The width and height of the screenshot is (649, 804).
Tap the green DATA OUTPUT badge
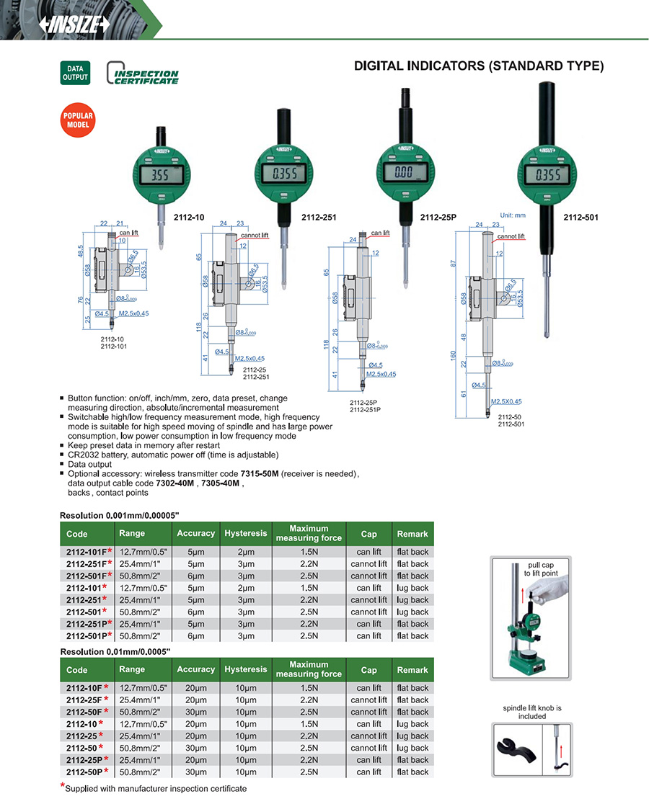pyautogui.click(x=75, y=73)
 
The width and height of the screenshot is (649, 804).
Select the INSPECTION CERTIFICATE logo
pyautogui.click(x=143, y=76)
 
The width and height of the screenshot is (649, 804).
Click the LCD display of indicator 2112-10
pyautogui.click(x=159, y=177)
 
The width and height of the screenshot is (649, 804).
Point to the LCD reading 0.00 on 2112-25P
pyautogui.click(x=405, y=173)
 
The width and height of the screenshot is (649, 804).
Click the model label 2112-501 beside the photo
pyautogui.click(x=581, y=217)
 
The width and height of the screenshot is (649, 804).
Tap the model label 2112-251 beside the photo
pyautogui.click(x=319, y=217)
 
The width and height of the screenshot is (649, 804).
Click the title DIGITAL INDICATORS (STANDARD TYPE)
pyautogui.click(x=478, y=66)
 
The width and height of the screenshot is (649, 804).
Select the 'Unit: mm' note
pyautogui.click(x=513, y=215)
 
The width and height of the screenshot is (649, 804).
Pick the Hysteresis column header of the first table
pyautogui.click(x=245, y=534)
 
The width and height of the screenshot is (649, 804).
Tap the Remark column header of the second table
pyautogui.click(x=412, y=670)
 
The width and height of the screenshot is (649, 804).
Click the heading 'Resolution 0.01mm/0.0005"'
pyautogui.click(x=115, y=651)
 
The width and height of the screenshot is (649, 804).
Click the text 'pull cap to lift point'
pyautogui.click(x=542, y=568)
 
